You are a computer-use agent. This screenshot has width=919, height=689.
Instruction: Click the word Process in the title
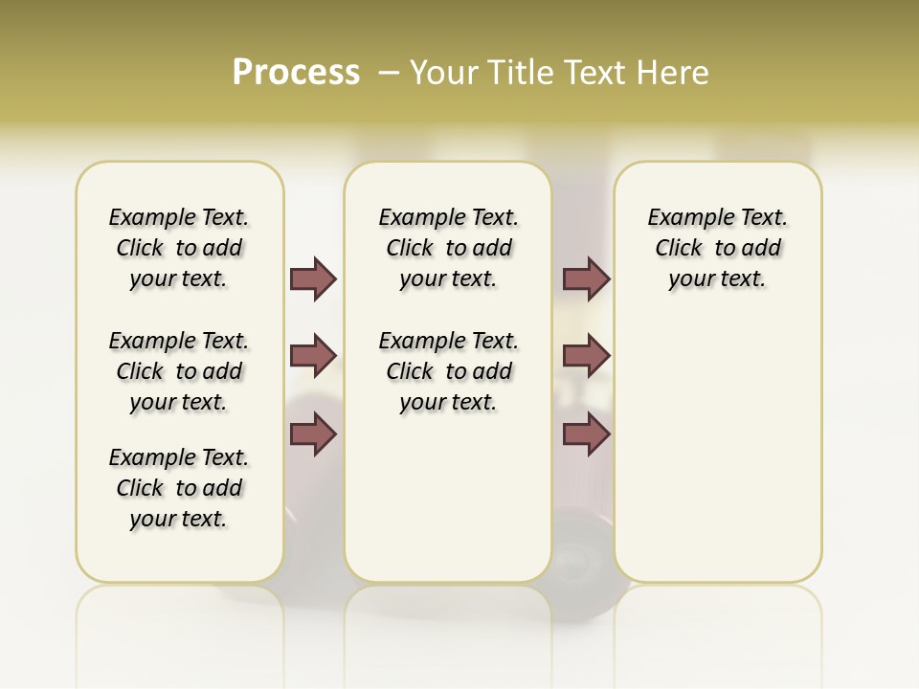click(296, 73)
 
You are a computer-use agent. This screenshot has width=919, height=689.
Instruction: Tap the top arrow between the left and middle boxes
click(313, 278)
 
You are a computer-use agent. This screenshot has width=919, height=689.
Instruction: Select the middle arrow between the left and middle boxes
click(313, 357)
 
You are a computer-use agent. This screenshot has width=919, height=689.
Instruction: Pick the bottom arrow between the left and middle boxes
click(313, 434)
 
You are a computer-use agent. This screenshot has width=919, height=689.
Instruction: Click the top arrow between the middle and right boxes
click(586, 278)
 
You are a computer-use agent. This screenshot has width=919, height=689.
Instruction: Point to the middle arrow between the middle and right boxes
click(586, 357)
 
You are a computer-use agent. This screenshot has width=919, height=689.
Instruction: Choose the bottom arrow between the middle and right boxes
click(586, 434)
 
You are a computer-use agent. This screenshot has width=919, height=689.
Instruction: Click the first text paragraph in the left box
click(179, 248)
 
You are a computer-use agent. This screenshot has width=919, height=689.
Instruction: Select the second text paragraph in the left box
click(179, 371)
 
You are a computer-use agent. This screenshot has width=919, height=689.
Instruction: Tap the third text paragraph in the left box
click(179, 488)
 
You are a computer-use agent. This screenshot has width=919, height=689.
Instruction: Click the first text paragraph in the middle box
click(448, 248)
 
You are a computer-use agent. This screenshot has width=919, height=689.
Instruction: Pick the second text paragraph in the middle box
click(448, 371)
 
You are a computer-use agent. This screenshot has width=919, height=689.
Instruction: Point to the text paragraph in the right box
click(717, 248)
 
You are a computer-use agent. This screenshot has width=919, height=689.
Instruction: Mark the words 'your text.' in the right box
click(717, 279)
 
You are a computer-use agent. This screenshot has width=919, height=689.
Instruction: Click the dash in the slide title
click(390, 73)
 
